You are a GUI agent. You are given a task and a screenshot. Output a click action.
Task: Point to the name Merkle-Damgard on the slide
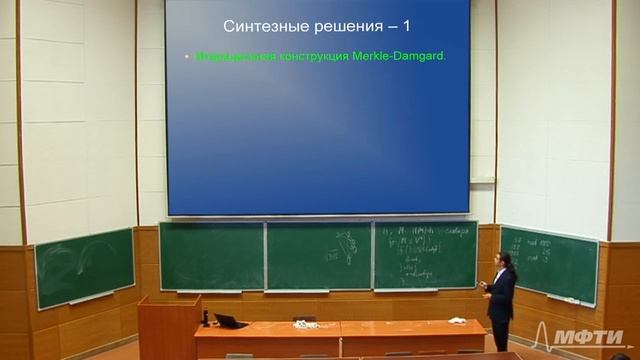coord(397,56)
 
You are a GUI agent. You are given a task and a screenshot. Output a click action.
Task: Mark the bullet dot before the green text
coord(186,57)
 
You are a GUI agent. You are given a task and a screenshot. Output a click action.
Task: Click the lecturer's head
coord(507,261)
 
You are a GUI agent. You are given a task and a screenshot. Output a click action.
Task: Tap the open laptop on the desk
coord(228,321)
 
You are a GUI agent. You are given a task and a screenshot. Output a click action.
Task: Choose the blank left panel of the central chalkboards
coord(211,256)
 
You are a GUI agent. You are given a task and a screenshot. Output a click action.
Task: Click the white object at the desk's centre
coord(303,320)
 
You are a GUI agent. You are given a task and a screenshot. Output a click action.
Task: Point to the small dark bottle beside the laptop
coord(205,318)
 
